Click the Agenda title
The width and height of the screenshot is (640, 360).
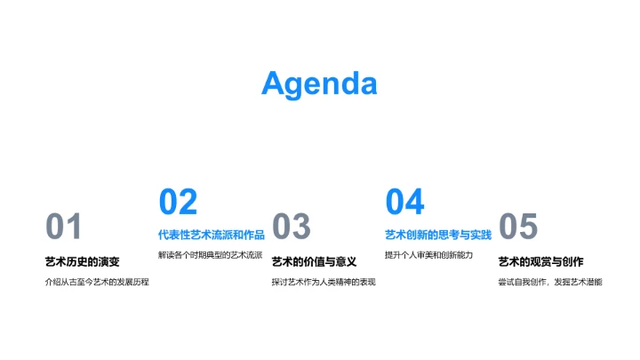[319, 84]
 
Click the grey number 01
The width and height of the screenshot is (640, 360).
[64, 228]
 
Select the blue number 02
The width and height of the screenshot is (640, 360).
[178, 203]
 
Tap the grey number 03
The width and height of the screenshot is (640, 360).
[291, 228]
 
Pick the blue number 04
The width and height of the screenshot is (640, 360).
[404, 203]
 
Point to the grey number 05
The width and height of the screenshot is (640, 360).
[518, 228]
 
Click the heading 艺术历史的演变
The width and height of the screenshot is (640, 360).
[82, 261]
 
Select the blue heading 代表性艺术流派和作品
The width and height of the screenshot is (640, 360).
[211, 235]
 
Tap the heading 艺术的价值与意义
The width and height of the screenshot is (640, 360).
[314, 261]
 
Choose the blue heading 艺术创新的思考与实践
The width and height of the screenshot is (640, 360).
[437, 235]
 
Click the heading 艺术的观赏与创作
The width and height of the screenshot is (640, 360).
[540, 261]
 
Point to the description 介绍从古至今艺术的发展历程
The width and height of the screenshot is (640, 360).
[97, 283]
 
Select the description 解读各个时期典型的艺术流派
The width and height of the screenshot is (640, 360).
[210, 255]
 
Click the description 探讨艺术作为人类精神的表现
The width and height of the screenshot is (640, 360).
[324, 283]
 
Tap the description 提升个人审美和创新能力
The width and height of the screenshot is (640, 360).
[428, 255]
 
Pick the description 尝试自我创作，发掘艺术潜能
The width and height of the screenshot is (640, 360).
[550, 283]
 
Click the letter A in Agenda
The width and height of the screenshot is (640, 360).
[275, 84]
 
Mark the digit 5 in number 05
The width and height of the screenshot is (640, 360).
[529, 228]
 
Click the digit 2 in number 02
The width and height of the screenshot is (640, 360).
[188, 203]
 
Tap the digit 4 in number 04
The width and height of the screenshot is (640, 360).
[414, 203]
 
